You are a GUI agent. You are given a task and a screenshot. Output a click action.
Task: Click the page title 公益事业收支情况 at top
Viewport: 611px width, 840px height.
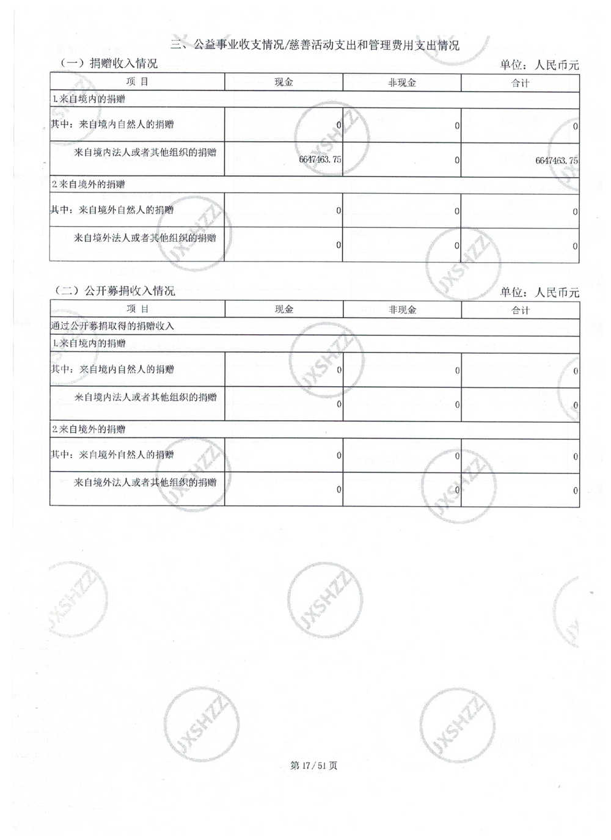(x=315, y=45)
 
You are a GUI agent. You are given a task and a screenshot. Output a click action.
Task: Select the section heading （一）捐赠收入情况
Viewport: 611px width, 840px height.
(x=108, y=64)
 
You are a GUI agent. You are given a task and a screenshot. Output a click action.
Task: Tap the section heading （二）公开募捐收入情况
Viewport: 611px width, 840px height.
(x=114, y=291)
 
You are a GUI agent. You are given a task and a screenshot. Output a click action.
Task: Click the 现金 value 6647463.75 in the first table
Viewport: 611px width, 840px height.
(x=320, y=159)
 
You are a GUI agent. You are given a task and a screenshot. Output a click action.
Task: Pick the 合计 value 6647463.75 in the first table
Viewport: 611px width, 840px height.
(x=556, y=161)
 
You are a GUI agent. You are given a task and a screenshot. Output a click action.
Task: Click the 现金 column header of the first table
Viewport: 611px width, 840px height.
(x=284, y=82)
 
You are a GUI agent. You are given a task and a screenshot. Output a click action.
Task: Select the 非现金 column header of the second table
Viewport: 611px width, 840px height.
(x=402, y=310)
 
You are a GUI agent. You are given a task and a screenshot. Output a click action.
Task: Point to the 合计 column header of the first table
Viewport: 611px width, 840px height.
(x=520, y=83)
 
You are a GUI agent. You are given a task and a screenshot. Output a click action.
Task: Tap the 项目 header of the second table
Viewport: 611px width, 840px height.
(x=137, y=309)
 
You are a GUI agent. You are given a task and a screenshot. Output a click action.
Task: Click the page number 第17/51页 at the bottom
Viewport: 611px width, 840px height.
(x=313, y=765)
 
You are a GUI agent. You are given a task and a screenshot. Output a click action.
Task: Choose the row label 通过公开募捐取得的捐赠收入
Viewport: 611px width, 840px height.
(x=112, y=326)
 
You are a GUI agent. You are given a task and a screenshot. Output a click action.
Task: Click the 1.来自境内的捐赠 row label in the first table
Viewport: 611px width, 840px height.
(x=89, y=99)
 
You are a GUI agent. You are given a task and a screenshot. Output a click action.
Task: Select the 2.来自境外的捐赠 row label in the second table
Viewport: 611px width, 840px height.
(x=89, y=429)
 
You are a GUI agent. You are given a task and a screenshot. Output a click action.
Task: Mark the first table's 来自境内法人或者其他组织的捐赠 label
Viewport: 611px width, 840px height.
(x=145, y=153)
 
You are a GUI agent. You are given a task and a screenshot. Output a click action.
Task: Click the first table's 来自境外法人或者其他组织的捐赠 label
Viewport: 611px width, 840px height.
(x=145, y=238)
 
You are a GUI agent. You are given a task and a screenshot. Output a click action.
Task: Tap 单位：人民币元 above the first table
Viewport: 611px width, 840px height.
(x=539, y=65)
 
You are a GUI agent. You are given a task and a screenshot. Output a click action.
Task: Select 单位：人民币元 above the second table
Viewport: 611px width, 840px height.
(x=539, y=293)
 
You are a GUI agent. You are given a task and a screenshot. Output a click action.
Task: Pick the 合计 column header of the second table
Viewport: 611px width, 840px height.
(x=520, y=310)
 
